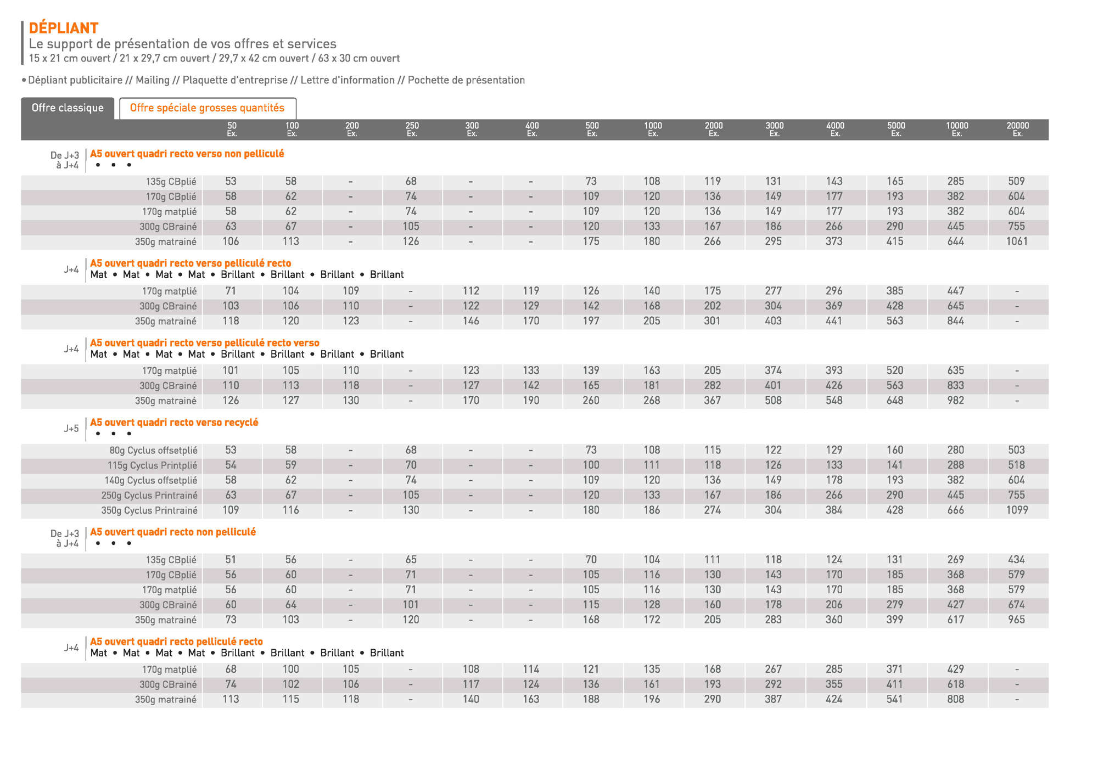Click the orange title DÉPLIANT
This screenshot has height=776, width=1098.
[64, 28]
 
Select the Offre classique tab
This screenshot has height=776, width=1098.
[68, 108]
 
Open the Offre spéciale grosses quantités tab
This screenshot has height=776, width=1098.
[207, 108]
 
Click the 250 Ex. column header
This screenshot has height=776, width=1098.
[412, 130]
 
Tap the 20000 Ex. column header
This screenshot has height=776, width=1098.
[1017, 130]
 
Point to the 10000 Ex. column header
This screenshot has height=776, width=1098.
[957, 130]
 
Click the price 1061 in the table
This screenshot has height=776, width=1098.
[1017, 241]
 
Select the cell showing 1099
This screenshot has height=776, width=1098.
[1017, 510]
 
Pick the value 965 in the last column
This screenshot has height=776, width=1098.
[1016, 620]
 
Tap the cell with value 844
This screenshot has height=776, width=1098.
[955, 321]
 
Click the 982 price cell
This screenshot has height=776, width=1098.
[955, 401]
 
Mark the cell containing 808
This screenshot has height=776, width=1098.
[955, 699]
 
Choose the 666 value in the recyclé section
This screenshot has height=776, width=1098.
[955, 510]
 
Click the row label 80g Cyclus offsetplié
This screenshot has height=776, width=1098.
[153, 451]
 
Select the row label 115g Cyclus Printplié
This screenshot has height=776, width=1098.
[152, 465]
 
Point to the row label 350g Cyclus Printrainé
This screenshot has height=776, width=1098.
[149, 510]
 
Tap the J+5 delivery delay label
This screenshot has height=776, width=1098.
[71, 429]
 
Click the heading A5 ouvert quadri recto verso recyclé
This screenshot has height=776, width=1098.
[174, 423]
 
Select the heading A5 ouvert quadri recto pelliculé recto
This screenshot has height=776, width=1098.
[176, 642]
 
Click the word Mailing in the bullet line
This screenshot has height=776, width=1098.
[152, 80]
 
